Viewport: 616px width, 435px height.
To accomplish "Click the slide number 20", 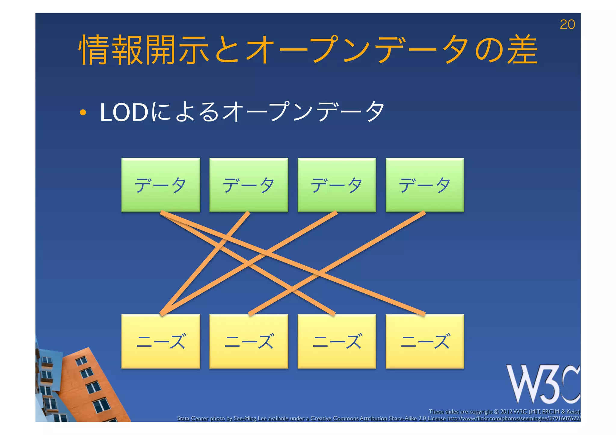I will click(567, 24).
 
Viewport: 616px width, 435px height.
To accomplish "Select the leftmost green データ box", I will click(161, 185).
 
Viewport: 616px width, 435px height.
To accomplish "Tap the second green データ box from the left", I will click(249, 185).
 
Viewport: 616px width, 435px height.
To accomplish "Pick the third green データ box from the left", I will click(337, 185).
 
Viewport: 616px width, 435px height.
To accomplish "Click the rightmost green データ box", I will click(425, 185).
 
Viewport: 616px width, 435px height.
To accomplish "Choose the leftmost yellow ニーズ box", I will click(161, 341).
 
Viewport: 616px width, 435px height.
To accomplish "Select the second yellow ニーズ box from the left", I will click(249, 341).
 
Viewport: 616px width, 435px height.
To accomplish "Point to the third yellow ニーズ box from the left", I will click(337, 341).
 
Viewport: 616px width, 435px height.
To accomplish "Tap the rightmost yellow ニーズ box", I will click(425, 341).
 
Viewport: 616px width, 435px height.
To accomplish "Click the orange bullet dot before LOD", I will click(83, 113).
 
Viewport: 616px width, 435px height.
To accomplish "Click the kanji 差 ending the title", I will click(522, 50).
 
